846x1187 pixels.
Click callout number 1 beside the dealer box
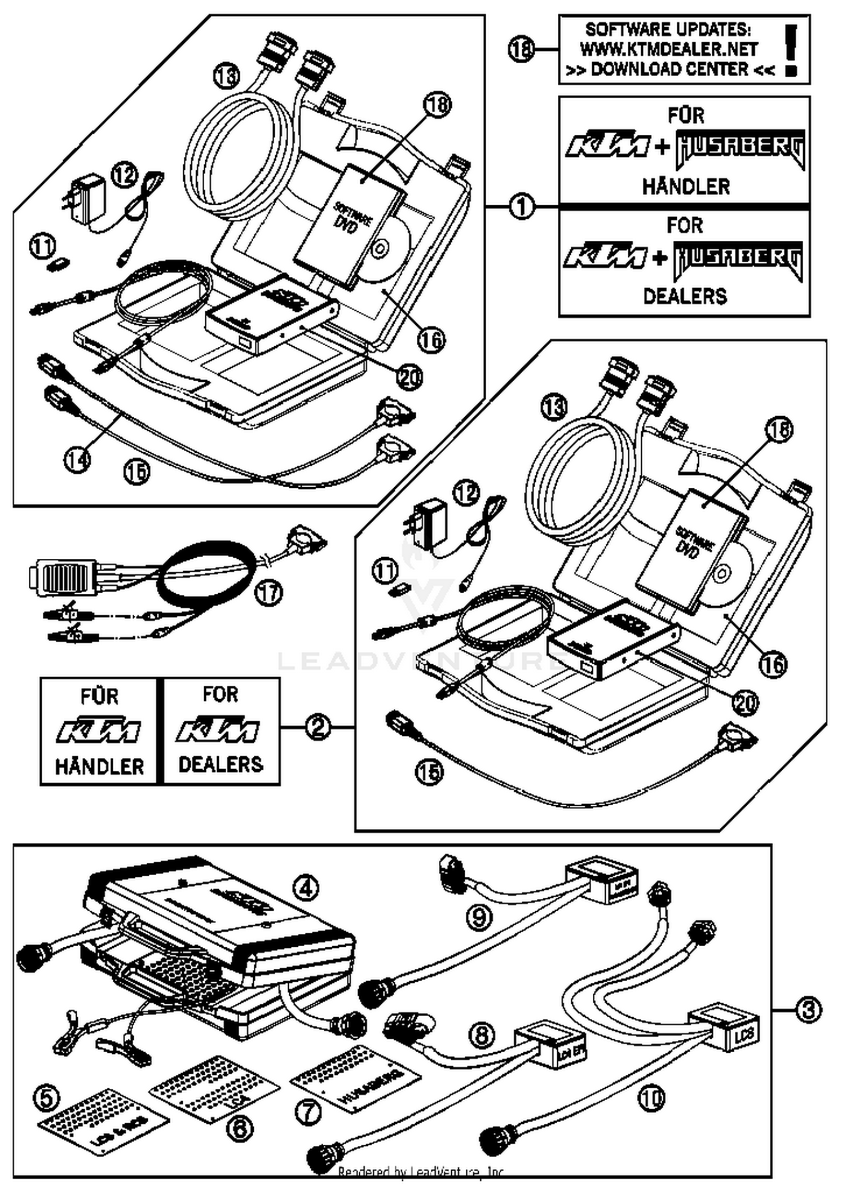pos(522,206)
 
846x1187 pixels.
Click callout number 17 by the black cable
pos(269,593)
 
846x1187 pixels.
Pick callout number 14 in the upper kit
pos(77,460)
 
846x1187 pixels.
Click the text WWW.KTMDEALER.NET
pos(668,50)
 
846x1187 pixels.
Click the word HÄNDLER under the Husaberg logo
pos(685,187)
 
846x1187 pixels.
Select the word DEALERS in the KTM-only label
pos(221,764)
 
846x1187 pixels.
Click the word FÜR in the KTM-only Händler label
pos(99,696)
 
